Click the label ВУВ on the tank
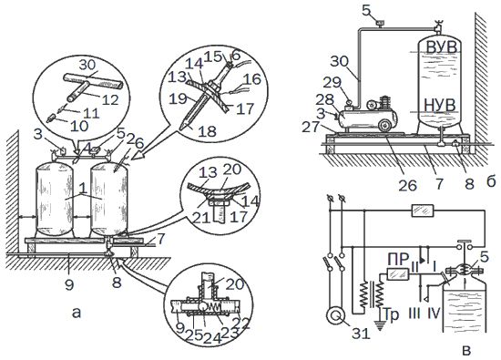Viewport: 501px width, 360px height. tap(442, 47)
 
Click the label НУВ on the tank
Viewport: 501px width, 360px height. tap(439, 105)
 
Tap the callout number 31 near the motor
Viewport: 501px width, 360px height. tap(361, 334)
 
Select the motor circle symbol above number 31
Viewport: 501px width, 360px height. tap(335, 316)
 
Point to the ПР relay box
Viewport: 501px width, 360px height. tap(398, 274)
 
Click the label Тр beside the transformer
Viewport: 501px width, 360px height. tap(391, 314)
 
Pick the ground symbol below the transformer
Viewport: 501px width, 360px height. tap(380, 326)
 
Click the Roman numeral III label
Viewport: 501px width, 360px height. tap(414, 314)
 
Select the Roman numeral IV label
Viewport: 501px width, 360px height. tap(435, 314)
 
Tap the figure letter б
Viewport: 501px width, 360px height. tap(491, 181)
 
